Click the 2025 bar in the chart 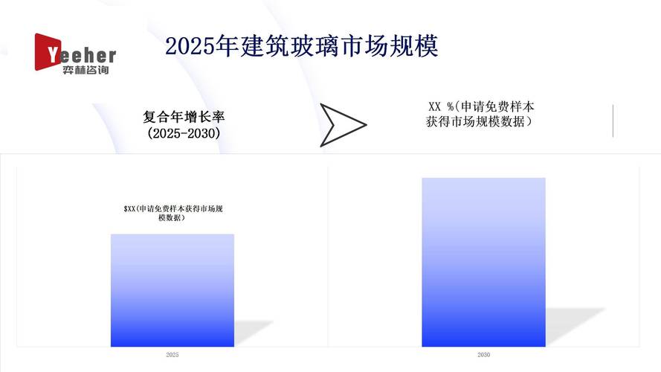pos(172,290)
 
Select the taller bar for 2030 pos(483,263)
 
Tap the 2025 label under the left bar pos(172,355)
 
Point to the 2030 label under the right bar pos(483,355)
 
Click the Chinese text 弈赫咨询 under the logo pos(86,70)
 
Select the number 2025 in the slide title pos(190,46)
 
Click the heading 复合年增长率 pos(184,116)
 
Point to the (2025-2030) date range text pos(184,133)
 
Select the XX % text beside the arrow pos(440,106)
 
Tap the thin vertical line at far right pos(613,121)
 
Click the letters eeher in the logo pos(88,56)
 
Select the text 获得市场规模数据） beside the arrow pos(479,122)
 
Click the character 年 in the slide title pos(228,46)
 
